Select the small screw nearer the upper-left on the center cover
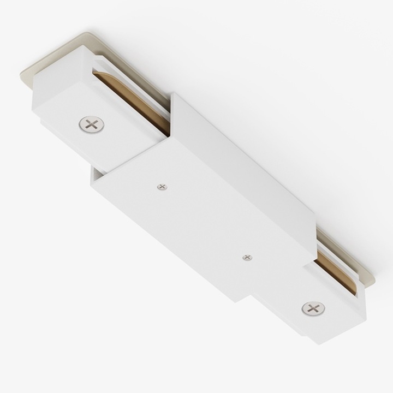point(161,187)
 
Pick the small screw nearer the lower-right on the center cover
point(247,257)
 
